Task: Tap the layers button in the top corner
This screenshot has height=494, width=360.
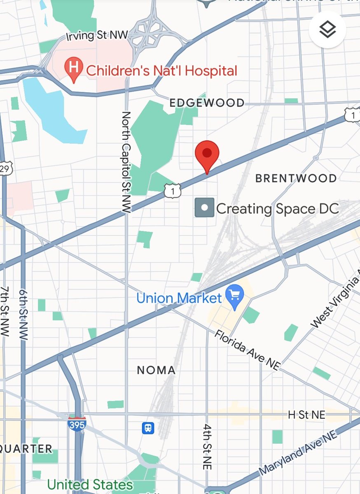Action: point(328,30)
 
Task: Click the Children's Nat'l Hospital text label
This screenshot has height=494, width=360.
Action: point(161,71)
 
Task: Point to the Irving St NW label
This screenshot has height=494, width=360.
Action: point(97,36)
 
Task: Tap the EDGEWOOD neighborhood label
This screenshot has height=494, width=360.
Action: point(207,103)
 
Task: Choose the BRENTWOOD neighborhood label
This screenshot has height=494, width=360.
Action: point(296,178)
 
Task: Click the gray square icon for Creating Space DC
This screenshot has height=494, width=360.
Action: point(204,208)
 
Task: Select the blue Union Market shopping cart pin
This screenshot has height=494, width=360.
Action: point(236,296)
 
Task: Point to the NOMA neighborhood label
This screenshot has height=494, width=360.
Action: point(156,370)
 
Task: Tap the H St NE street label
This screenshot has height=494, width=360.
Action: point(306,415)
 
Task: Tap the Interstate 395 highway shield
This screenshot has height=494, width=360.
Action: point(77,424)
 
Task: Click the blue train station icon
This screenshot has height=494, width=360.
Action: point(148,428)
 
